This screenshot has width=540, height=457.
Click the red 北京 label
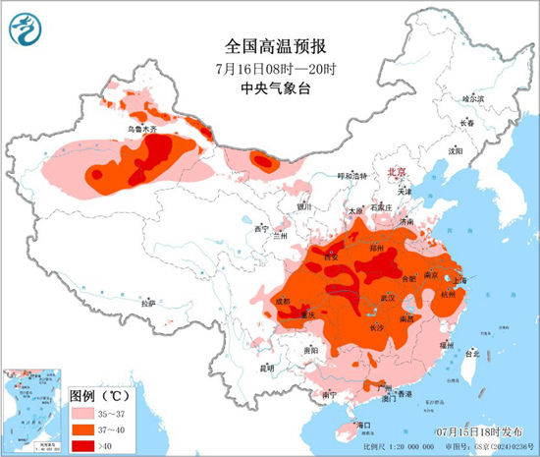click(397, 170)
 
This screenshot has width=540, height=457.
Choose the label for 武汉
click(385, 297)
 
